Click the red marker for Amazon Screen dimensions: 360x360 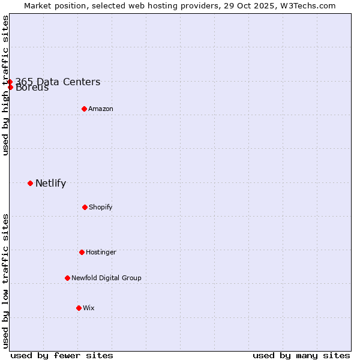(x=84, y=109)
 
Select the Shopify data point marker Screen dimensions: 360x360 (x=85, y=207)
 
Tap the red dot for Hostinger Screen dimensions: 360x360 (x=82, y=252)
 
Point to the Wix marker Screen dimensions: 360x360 (x=79, y=308)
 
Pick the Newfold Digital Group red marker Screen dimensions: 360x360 (x=67, y=278)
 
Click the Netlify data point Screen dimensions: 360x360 (x=30, y=183)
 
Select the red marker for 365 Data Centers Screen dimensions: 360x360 (x=10, y=82)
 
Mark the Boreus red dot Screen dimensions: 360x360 (x=10, y=88)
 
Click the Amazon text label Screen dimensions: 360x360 (x=101, y=109)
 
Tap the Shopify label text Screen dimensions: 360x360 (x=101, y=207)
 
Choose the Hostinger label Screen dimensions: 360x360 (x=101, y=252)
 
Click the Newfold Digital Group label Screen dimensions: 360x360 (x=106, y=278)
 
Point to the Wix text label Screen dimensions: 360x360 (x=89, y=308)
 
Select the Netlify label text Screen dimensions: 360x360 (x=50, y=184)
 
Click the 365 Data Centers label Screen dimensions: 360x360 (x=58, y=82)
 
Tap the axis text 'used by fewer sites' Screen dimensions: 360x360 (x=62, y=355)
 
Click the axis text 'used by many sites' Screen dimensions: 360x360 (x=301, y=355)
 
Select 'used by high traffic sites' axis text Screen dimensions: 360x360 (x=5, y=85)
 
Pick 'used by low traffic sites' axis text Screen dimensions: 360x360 (x=5, y=280)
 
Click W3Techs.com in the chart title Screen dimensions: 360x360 (x=307, y=5)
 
